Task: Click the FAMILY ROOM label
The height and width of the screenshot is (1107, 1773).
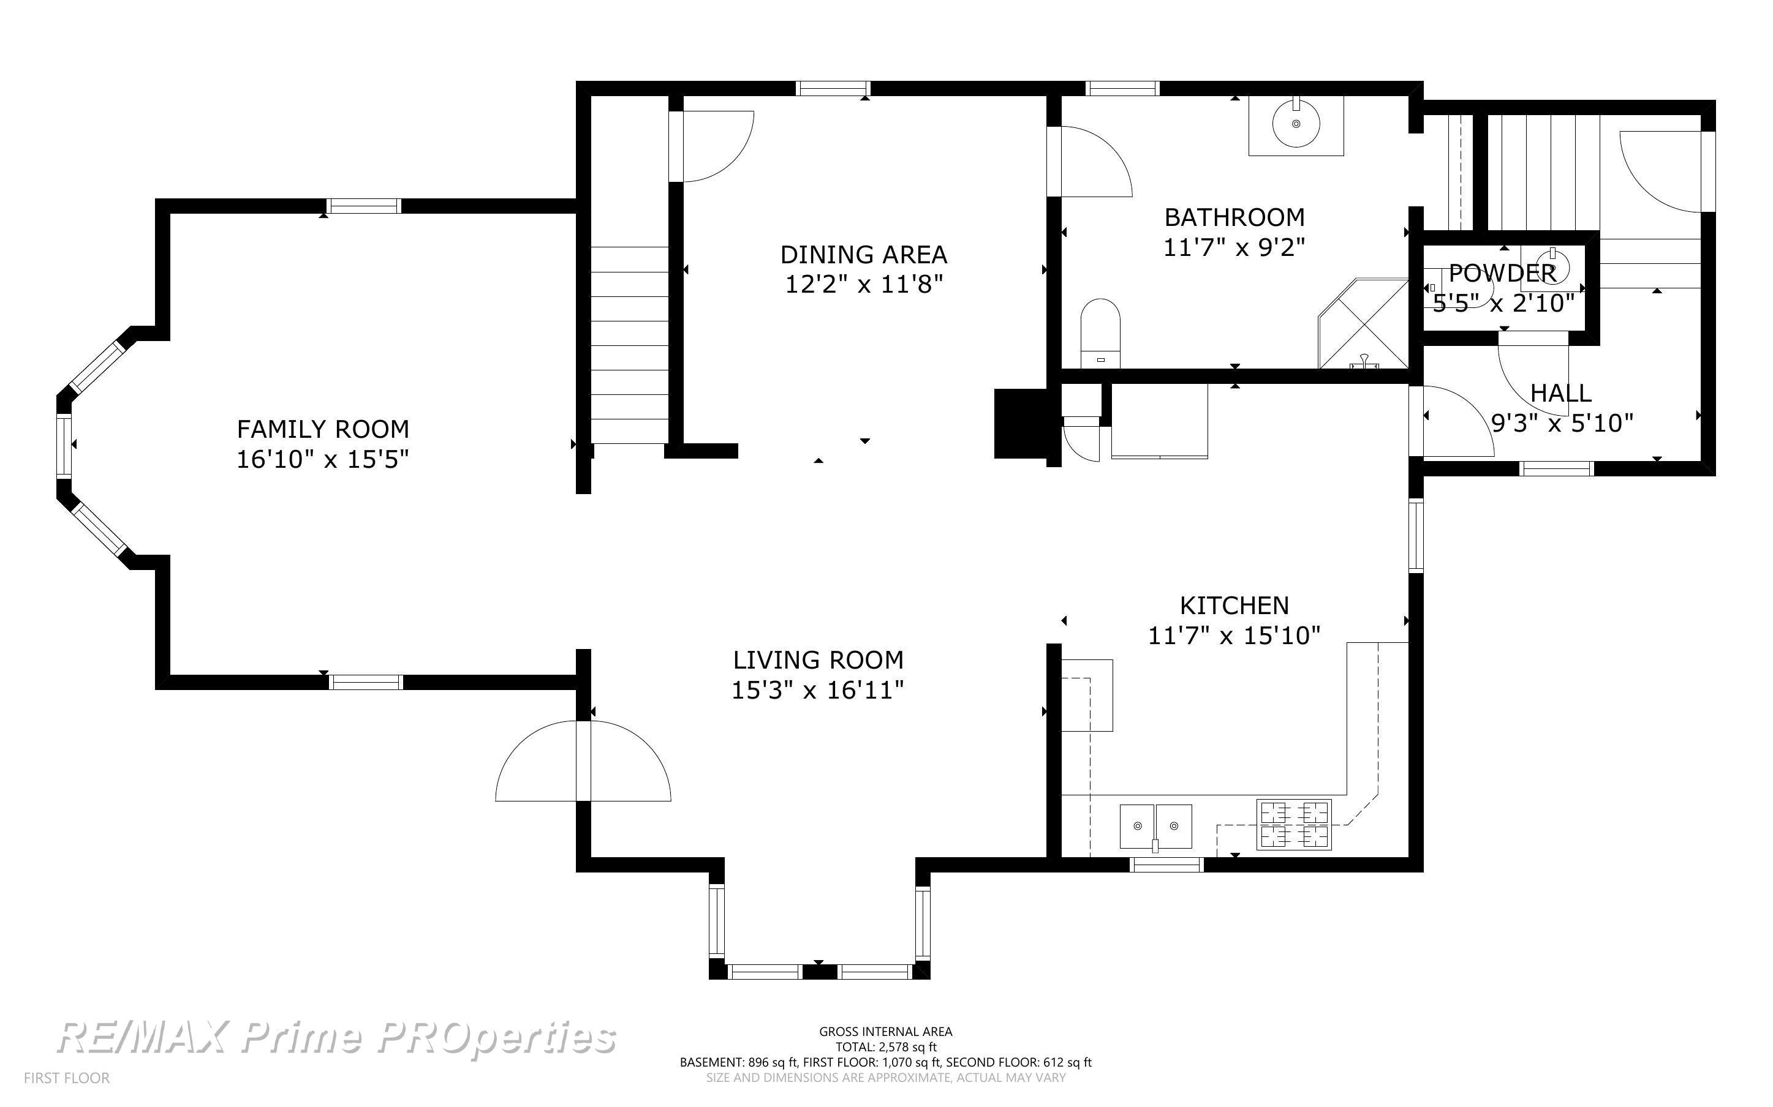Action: coord(322,429)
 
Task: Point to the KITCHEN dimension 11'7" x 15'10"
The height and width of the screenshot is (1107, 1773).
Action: coord(1234,636)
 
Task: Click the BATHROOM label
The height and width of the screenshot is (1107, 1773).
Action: coord(1234,217)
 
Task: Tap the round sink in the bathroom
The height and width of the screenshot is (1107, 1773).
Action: coord(1296,124)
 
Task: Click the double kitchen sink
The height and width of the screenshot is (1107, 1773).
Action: coord(1155,827)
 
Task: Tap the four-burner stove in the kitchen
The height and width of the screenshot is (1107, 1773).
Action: coord(1294,824)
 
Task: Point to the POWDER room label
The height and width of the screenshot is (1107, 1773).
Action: coord(1502,273)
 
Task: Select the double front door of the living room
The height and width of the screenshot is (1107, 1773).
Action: coord(583,762)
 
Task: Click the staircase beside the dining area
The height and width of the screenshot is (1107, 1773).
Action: coord(630,345)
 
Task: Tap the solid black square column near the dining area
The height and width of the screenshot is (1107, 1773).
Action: coord(1020,424)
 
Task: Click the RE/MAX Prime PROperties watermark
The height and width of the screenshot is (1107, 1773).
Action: coord(336,1037)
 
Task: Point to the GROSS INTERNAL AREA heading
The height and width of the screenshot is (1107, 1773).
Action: coord(885,1032)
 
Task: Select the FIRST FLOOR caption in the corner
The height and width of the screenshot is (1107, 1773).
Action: coord(67,1078)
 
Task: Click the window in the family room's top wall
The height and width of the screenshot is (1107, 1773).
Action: coord(364,206)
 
